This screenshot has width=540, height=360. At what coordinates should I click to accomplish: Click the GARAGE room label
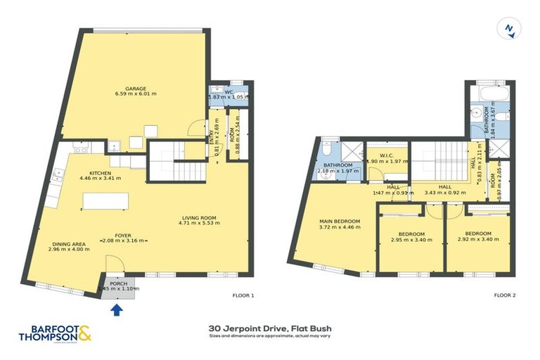(136, 89)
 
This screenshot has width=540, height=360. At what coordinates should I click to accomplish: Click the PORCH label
(119, 283)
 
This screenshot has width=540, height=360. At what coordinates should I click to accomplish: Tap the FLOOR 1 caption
(243, 295)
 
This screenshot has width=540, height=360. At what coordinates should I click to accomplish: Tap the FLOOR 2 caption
(504, 295)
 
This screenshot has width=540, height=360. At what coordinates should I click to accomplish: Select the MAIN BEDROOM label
(340, 221)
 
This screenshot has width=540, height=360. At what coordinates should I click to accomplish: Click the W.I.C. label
(385, 155)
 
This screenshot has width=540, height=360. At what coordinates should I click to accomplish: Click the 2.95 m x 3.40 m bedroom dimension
(411, 240)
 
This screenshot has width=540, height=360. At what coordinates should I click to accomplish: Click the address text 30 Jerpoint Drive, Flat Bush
(270, 328)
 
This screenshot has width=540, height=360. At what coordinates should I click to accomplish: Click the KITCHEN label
(100, 172)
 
